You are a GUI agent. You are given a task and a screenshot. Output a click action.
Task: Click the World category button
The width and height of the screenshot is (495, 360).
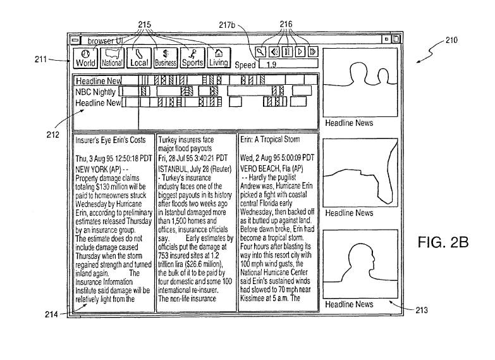click(x=85, y=58)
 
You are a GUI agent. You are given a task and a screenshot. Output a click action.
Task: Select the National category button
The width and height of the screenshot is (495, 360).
click(x=112, y=58)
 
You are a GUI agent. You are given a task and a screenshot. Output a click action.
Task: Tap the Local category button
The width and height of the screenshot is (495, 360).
click(x=138, y=58)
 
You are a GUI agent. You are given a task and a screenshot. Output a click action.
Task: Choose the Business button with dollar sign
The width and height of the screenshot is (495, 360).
click(x=165, y=58)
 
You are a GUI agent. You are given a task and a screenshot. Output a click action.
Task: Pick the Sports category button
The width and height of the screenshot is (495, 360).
click(x=192, y=58)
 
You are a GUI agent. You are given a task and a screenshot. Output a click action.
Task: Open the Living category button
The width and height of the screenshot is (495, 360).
click(x=218, y=58)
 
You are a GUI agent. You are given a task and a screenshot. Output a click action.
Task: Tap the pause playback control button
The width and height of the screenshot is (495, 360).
click(x=288, y=51)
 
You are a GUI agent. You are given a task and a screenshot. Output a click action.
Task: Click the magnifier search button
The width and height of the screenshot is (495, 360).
click(x=260, y=51)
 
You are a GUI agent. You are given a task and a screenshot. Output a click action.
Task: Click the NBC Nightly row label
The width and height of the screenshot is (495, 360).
click(x=96, y=92)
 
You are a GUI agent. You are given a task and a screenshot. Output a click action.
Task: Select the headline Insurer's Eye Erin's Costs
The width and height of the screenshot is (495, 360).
click(x=111, y=139)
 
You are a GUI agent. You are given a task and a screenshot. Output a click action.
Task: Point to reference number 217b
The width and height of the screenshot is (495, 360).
click(x=227, y=25)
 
